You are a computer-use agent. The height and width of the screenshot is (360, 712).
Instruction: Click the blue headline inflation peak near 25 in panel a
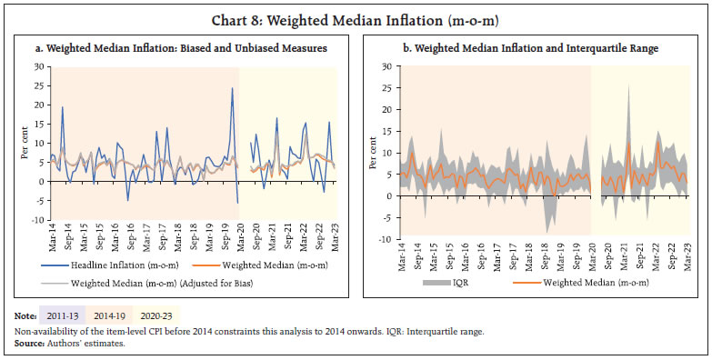tap(232, 88)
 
